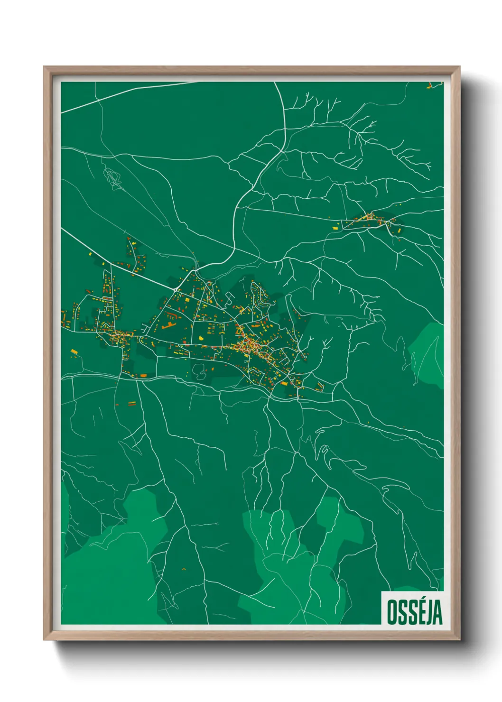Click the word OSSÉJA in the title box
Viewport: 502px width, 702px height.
pos(414,612)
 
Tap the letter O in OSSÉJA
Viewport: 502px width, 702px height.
pos(392,612)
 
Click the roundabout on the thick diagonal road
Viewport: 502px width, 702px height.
pos(176,288)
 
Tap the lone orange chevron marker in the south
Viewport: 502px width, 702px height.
pos(184,568)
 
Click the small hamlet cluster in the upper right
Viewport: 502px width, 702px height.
pos(370,220)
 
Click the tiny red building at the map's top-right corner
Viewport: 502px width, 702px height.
pos(430,86)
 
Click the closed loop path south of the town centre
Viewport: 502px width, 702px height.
pos(199,372)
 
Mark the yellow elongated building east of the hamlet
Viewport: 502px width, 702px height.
pos(400,231)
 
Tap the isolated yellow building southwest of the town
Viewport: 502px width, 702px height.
pos(74,351)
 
